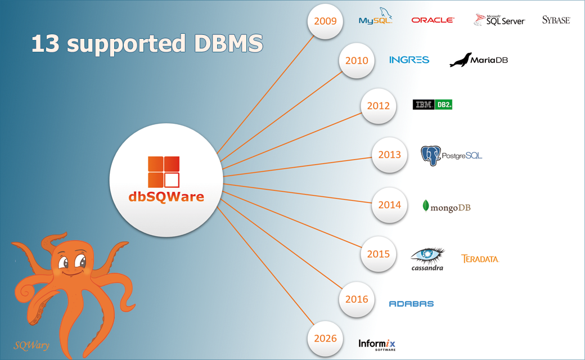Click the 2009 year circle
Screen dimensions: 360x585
(x=326, y=22)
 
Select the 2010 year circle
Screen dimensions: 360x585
(x=357, y=60)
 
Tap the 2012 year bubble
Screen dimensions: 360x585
(x=379, y=105)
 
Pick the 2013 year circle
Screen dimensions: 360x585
(x=390, y=154)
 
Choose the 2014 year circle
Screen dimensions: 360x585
(x=390, y=205)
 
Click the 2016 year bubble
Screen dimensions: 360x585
(x=357, y=299)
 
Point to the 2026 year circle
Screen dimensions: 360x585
(x=326, y=338)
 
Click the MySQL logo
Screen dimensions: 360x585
(x=375, y=18)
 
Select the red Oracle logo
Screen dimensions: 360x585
(x=433, y=20)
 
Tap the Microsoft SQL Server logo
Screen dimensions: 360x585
(x=499, y=20)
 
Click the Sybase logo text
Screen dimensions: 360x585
(x=556, y=20)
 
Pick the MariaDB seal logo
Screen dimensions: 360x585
(x=478, y=60)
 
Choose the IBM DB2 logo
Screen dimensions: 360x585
(x=433, y=105)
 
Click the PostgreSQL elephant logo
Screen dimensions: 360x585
(x=451, y=155)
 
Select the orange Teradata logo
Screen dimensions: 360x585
(x=480, y=259)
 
